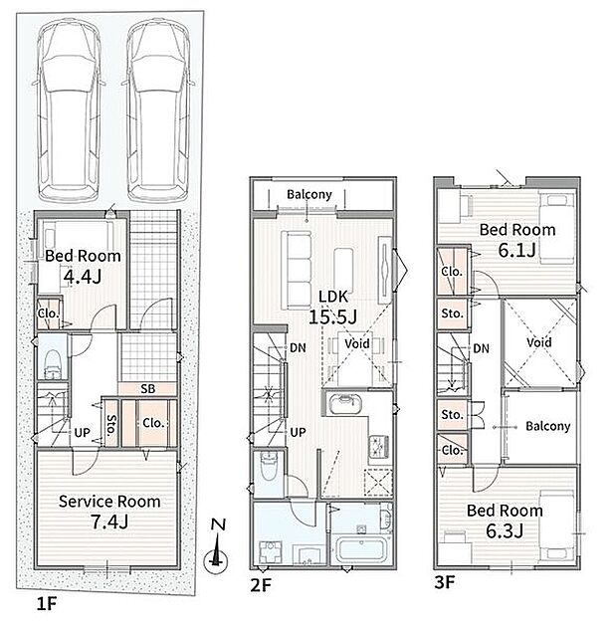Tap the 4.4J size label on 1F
tap(83, 276)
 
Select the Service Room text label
tap(109, 502)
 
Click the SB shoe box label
tap(148, 389)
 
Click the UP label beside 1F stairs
tap(83, 433)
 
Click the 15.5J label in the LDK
tap(332, 317)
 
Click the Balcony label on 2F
tap(309, 195)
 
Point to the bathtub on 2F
tap(361, 549)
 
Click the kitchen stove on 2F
tap(378, 447)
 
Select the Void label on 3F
tap(539, 342)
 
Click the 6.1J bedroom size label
tap(516, 251)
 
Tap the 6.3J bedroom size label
tap(505, 531)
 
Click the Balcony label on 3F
tap(548, 426)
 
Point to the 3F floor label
tap(445, 582)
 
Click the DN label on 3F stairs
tap(481, 348)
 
